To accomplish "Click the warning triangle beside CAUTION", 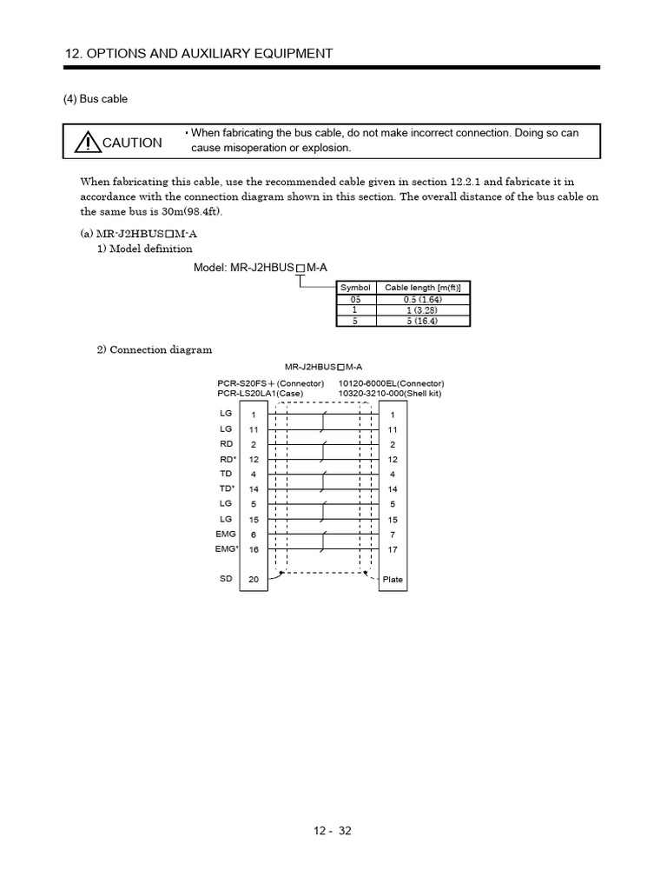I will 88,142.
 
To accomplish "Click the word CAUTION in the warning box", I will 132,143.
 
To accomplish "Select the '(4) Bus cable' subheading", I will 95,99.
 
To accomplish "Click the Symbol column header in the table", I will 354,288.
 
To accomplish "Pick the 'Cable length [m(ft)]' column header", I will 422,288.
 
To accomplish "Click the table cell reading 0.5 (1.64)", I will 422,299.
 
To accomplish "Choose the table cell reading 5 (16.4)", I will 422,320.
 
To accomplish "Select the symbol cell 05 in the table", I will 354,299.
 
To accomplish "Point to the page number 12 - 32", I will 333,830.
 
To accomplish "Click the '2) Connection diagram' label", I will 154,349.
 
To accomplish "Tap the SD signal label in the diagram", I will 226,578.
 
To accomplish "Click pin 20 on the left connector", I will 254,579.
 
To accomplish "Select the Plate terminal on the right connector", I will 393,579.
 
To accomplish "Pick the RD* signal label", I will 228,458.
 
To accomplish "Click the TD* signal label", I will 228,488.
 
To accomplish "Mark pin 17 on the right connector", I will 393,549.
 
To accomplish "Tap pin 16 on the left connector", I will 254,549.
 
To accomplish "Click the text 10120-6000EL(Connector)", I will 391,383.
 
